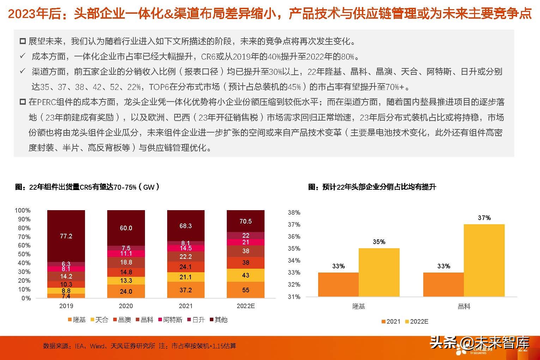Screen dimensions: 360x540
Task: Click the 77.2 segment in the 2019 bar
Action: pos(66,236)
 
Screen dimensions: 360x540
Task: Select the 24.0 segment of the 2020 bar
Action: pos(126,291)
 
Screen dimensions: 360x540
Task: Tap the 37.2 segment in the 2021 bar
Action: pos(186,290)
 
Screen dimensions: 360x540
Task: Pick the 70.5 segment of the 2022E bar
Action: pos(245,221)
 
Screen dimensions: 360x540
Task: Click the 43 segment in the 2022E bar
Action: pos(245,275)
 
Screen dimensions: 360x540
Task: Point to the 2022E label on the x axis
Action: pos(245,306)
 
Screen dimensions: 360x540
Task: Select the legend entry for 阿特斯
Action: pos(170,320)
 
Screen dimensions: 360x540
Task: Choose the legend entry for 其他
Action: pos(218,320)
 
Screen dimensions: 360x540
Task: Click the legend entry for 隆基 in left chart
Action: pos(77,320)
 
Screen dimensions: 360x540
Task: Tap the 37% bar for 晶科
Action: pos(484,260)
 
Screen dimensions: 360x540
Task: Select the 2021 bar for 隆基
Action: pos(338,284)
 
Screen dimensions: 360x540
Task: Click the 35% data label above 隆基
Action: pos(379,242)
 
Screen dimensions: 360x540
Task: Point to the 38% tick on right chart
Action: pos(294,213)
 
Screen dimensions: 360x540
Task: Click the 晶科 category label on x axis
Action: pos(464,306)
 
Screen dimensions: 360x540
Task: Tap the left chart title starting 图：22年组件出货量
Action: pos(87,187)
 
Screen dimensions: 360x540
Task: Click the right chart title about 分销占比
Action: pos(372,187)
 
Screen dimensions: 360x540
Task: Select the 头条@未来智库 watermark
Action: pos(480,342)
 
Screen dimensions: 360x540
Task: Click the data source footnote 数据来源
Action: pos(139,346)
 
